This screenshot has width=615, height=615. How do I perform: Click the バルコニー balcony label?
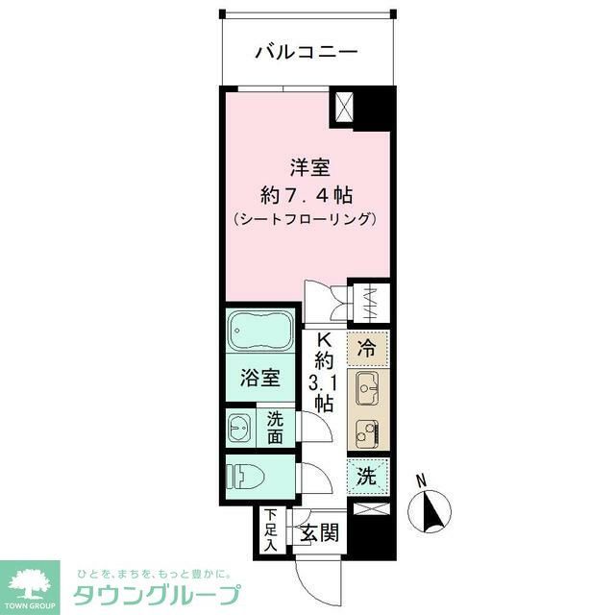pos(307,52)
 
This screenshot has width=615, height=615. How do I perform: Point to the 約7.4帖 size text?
pos(309,194)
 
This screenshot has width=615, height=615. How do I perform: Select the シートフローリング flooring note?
pos(307,219)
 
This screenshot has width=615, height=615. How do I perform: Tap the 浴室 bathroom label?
pos(260,378)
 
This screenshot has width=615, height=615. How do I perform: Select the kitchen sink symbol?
pos(367,389)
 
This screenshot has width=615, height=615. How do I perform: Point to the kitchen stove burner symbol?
pos(367,431)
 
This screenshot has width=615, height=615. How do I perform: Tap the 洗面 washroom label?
pos(275,427)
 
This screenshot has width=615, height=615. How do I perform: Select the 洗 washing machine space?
pos(367,475)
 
